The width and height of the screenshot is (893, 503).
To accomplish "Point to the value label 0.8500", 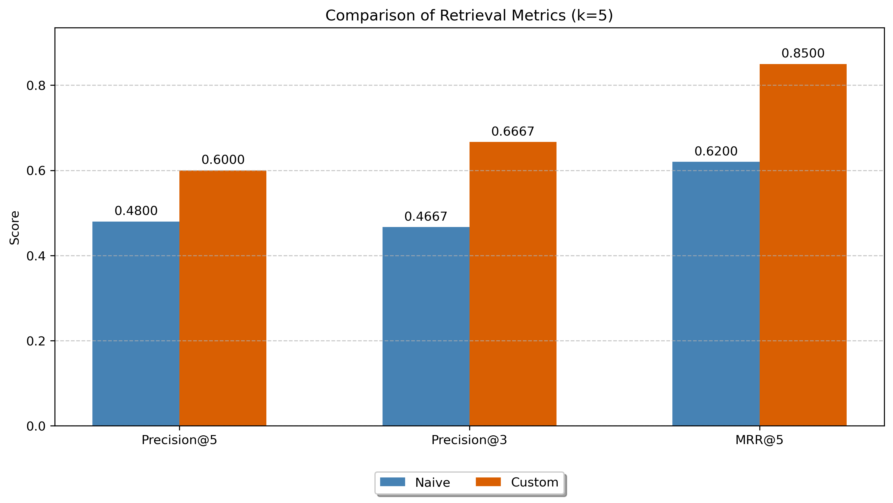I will point(803,53).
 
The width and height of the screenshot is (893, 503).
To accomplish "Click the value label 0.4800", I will point(136,211).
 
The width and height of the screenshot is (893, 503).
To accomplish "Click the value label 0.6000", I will point(223,160).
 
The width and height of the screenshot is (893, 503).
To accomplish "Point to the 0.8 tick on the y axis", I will point(36,85).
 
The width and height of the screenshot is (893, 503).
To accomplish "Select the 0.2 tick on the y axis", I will point(36,341).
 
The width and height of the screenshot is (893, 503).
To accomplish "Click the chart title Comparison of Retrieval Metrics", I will point(469,16).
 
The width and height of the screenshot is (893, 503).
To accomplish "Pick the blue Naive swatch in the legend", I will point(392,482).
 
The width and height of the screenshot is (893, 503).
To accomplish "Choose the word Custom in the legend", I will point(534,482).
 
